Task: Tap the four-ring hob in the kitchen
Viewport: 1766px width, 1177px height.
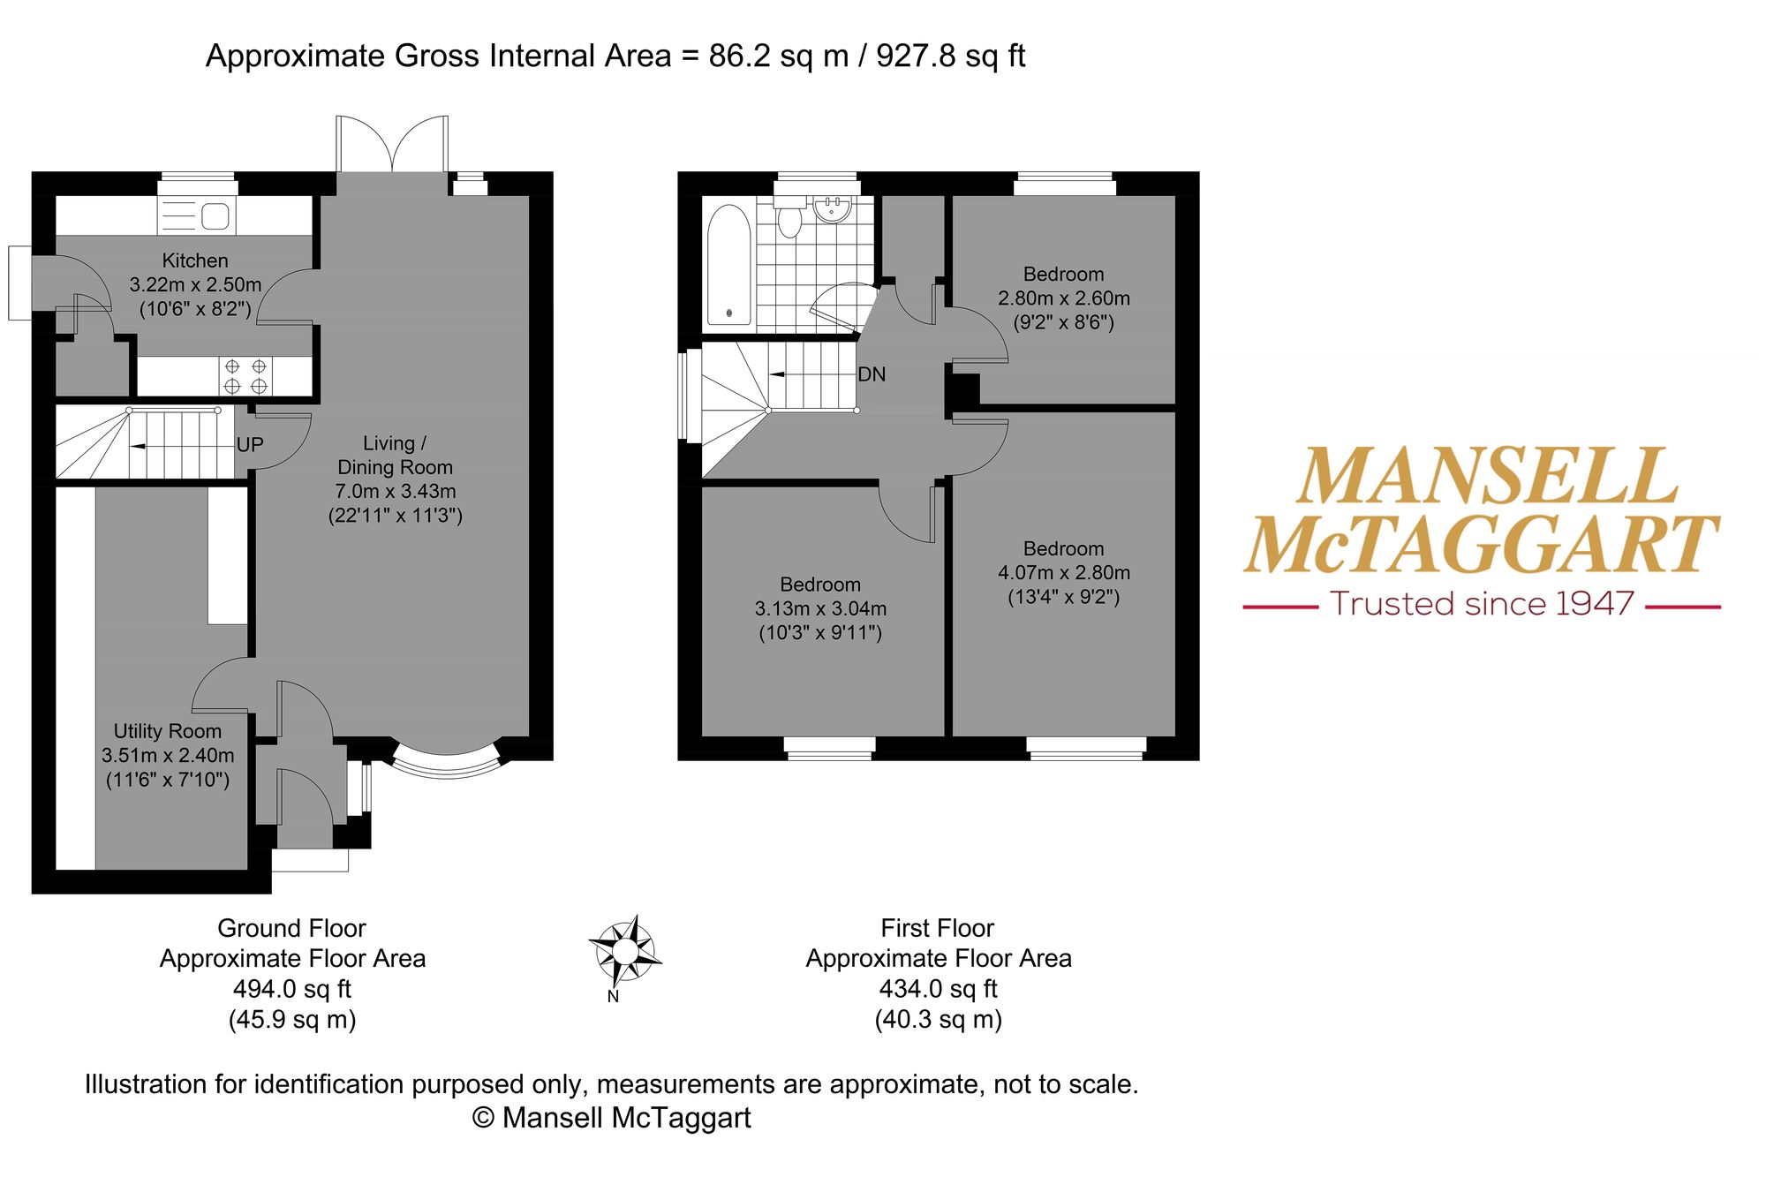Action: [245, 376]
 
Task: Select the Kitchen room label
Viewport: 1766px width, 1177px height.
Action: [195, 260]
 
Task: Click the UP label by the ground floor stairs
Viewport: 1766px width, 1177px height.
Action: [250, 445]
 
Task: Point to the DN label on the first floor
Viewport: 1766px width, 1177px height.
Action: [872, 374]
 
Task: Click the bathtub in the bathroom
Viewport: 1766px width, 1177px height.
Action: [728, 265]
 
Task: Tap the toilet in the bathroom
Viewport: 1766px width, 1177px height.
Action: [789, 217]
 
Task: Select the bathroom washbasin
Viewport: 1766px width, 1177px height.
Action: [832, 208]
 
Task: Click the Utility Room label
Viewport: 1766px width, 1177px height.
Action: [168, 731]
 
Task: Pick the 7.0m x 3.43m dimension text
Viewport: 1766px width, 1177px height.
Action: [396, 492]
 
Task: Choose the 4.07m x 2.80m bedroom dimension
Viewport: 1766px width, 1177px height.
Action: [1064, 573]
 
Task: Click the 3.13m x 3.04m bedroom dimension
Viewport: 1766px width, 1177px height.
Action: [820, 609]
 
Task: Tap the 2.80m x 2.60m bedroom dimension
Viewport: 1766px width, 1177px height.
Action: [1064, 298]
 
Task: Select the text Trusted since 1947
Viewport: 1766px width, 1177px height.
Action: [1482, 604]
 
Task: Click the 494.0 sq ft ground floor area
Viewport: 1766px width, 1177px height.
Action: [292, 989]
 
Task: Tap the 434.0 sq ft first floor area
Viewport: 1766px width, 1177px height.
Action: [938, 989]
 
